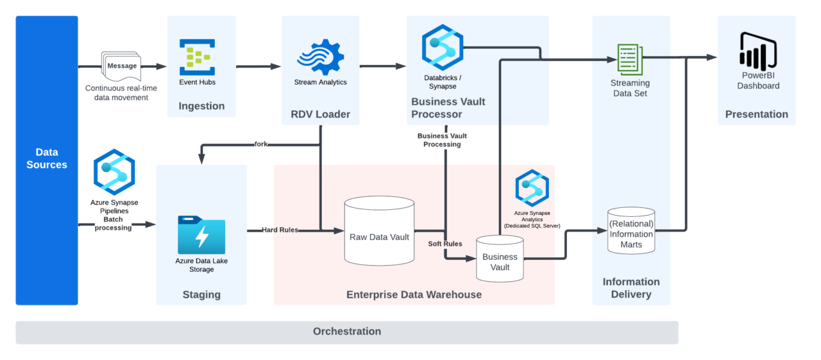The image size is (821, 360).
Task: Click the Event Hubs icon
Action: coord(197,57)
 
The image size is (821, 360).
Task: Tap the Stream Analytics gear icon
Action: coord(321,57)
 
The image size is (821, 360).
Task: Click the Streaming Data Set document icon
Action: coord(629,60)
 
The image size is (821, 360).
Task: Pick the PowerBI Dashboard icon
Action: coord(758,51)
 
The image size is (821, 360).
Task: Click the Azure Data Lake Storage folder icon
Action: coord(201,235)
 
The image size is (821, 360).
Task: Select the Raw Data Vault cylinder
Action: coord(379,231)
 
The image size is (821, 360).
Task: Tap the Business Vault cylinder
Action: coord(500,258)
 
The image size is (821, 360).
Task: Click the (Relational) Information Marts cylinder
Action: coord(631,230)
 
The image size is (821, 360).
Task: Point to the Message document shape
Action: coord(121,66)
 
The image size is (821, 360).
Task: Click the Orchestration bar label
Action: coord(347,332)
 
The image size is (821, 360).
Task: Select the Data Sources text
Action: coord(47,159)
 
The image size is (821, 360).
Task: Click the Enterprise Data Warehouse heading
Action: coord(414,295)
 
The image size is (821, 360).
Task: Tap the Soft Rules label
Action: coord(445,244)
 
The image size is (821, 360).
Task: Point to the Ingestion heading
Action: coord(201,106)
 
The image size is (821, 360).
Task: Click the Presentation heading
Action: coord(756,114)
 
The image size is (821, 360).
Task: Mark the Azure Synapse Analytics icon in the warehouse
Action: coord(532,188)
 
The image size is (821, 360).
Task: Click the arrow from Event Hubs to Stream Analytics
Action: coord(258,66)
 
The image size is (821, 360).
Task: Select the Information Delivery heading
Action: coord(631,288)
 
